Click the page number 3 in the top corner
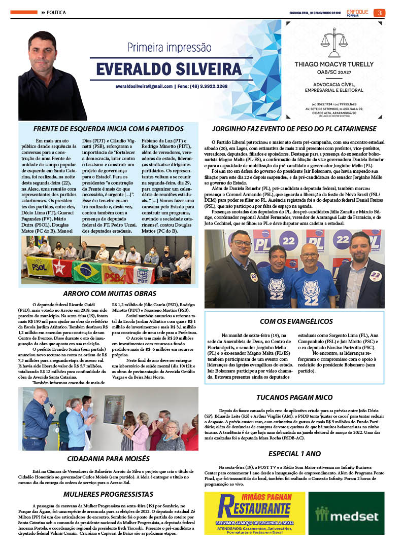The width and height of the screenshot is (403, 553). point(379,13)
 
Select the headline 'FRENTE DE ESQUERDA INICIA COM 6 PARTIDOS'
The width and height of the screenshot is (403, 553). point(108,128)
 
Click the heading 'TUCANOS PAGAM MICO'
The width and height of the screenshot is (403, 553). point(294,397)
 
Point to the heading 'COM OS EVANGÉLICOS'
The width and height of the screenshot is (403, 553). point(295,321)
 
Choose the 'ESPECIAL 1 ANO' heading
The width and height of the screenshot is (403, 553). point(294,453)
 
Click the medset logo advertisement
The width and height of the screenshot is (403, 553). point(346,517)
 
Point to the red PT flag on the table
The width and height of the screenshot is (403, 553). point(62,268)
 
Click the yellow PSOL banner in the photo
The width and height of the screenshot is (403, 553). point(38,265)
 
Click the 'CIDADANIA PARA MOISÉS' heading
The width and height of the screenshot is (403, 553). point(108,458)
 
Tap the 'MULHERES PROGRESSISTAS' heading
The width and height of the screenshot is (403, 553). point(108,494)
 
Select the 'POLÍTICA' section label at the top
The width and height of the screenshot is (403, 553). point(55,12)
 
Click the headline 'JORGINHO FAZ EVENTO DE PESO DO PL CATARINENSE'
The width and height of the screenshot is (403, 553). point(294,128)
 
